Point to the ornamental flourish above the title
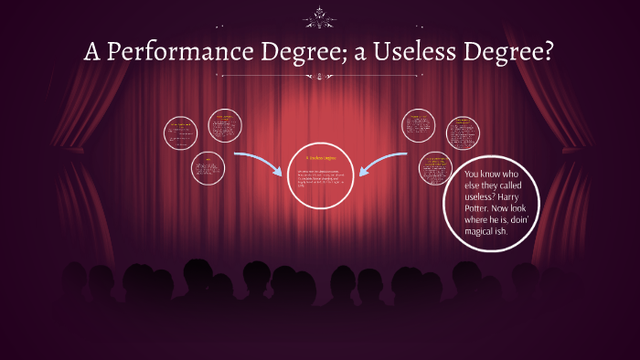(320, 16)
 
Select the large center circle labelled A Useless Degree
(319, 175)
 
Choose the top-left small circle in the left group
(180, 133)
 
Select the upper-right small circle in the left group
(224, 126)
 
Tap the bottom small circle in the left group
(208, 167)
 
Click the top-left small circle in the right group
(421, 128)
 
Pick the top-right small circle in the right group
(463, 133)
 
